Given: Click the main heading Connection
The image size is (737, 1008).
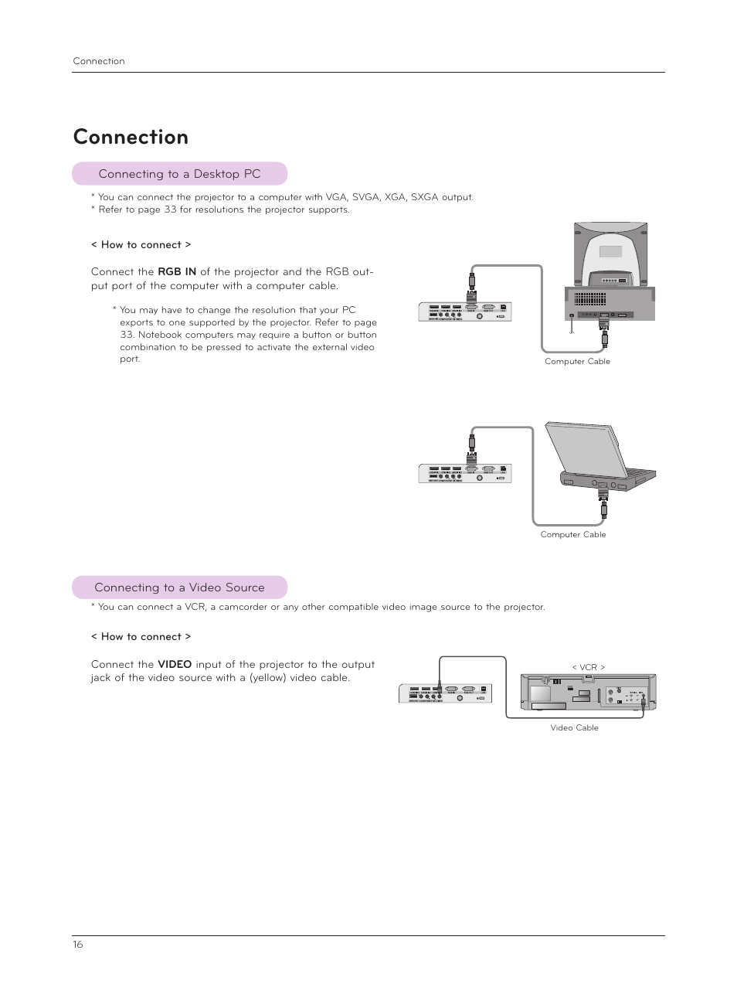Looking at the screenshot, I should [x=131, y=137].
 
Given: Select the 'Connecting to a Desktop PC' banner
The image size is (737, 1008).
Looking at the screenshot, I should [x=179, y=174].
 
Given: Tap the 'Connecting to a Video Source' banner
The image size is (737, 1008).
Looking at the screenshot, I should [x=179, y=587].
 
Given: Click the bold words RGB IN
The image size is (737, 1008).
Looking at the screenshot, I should [x=177, y=271].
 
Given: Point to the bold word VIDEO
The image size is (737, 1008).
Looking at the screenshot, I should [x=175, y=664].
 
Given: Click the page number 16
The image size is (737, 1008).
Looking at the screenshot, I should [x=78, y=945].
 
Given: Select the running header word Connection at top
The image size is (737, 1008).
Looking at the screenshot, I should [x=99, y=61].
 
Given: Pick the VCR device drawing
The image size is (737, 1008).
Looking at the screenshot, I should [x=588, y=692].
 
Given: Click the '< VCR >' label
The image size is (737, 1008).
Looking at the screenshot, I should [x=588, y=667].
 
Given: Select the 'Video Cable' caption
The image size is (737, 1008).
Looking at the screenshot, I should [x=574, y=727].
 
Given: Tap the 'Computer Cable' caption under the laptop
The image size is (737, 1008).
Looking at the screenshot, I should [x=573, y=534].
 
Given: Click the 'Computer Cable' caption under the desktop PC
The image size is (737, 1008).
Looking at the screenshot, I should [x=577, y=361].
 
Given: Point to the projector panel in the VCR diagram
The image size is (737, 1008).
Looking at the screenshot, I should [x=446, y=693].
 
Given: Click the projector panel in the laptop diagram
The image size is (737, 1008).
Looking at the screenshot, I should [x=465, y=473].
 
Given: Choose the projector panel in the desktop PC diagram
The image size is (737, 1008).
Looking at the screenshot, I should [x=465, y=312].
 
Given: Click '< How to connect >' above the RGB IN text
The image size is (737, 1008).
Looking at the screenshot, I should [x=141, y=244].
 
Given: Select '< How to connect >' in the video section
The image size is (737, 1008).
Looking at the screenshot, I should [x=141, y=636].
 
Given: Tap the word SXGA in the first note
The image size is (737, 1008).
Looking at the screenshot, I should [x=424, y=197].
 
